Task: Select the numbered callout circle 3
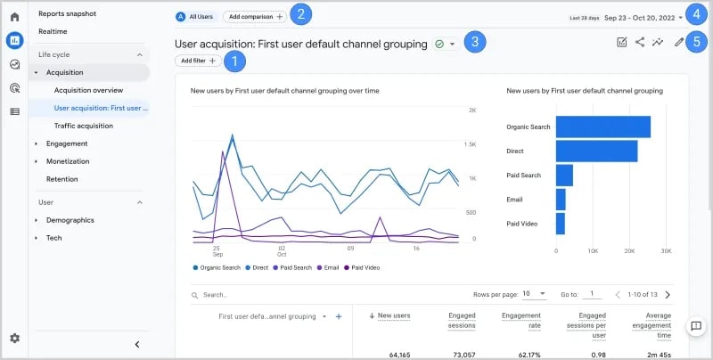477,42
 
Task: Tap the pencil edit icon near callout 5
679,42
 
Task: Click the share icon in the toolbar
640,42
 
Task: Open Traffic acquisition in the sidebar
83,126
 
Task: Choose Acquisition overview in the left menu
88,90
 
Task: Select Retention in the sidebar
61,178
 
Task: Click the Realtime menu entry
53,31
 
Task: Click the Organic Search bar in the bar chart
602,127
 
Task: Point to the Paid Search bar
564,175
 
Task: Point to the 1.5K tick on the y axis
470,144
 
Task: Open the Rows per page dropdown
535,294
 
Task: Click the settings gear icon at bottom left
14,338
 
